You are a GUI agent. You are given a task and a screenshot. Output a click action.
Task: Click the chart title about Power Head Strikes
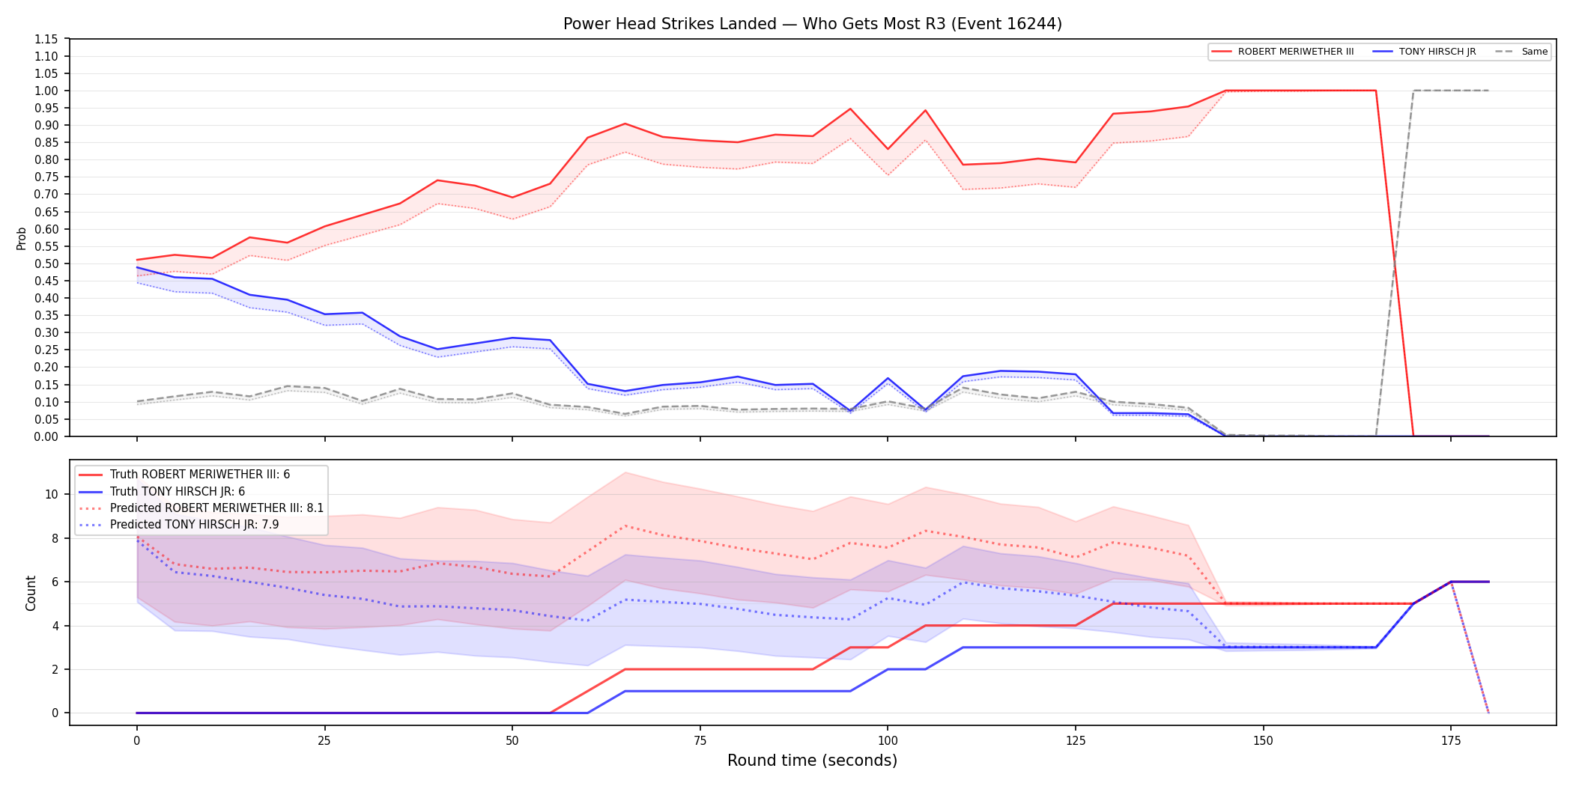click(x=813, y=24)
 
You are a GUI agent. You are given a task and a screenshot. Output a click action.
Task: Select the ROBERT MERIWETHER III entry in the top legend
click(x=1282, y=52)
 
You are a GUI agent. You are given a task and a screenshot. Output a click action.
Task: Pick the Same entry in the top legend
click(x=1521, y=52)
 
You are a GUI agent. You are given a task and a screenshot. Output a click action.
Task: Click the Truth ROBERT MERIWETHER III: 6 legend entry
click(x=184, y=475)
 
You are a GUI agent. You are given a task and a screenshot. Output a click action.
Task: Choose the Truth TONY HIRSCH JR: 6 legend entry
click(x=161, y=491)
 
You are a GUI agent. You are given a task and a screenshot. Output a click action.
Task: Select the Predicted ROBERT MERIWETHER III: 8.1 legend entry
click(x=201, y=508)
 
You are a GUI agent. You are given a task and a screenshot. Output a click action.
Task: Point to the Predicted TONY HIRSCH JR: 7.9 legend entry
click(x=178, y=525)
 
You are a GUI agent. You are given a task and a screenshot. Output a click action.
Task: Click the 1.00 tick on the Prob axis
click(x=46, y=91)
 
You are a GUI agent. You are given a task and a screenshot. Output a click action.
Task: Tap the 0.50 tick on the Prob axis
click(x=46, y=263)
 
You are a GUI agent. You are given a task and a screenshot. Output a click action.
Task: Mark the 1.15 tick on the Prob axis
click(x=46, y=39)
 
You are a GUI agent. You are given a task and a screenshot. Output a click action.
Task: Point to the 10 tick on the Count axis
click(x=51, y=494)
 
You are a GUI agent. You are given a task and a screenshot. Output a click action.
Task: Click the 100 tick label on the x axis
click(x=888, y=741)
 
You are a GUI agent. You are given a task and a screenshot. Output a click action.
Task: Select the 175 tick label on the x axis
click(x=1451, y=741)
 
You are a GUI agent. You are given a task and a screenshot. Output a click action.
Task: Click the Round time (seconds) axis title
click(x=813, y=761)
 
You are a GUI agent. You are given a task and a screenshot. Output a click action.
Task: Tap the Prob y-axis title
click(x=21, y=238)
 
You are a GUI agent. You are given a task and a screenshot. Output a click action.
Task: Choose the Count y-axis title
click(x=31, y=593)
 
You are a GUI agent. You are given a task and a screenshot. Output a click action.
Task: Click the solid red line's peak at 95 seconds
click(x=850, y=109)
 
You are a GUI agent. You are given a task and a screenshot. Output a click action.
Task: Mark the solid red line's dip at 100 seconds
click(x=888, y=149)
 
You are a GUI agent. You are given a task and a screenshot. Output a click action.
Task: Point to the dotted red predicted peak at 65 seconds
click(x=625, y=525)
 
